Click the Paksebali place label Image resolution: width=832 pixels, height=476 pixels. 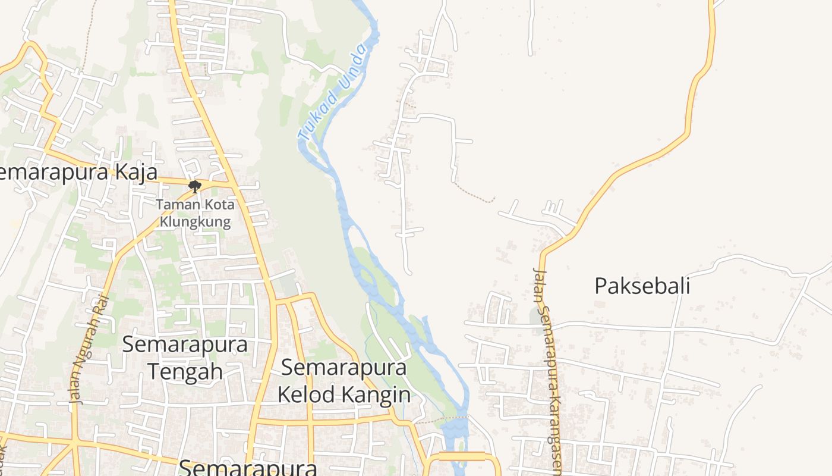click(x=642, y=286)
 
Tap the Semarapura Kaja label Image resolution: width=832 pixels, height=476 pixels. click(x=77, y=173)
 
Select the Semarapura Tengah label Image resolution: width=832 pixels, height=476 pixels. click(x=185, y=357)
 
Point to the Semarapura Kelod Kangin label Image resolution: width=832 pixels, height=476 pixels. click(x=344, y=381)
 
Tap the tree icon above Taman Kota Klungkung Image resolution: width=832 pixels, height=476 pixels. click(x=194, y=187)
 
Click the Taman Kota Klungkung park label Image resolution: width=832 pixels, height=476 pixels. click(x=195, y=214)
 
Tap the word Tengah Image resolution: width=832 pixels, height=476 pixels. click(x=185, y=371)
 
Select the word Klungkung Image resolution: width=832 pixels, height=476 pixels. click(x=195, y=222)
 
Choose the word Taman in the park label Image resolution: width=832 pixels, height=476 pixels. click(x=173, y=205)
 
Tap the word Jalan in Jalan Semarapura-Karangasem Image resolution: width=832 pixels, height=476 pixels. click(x=539, y=286)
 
